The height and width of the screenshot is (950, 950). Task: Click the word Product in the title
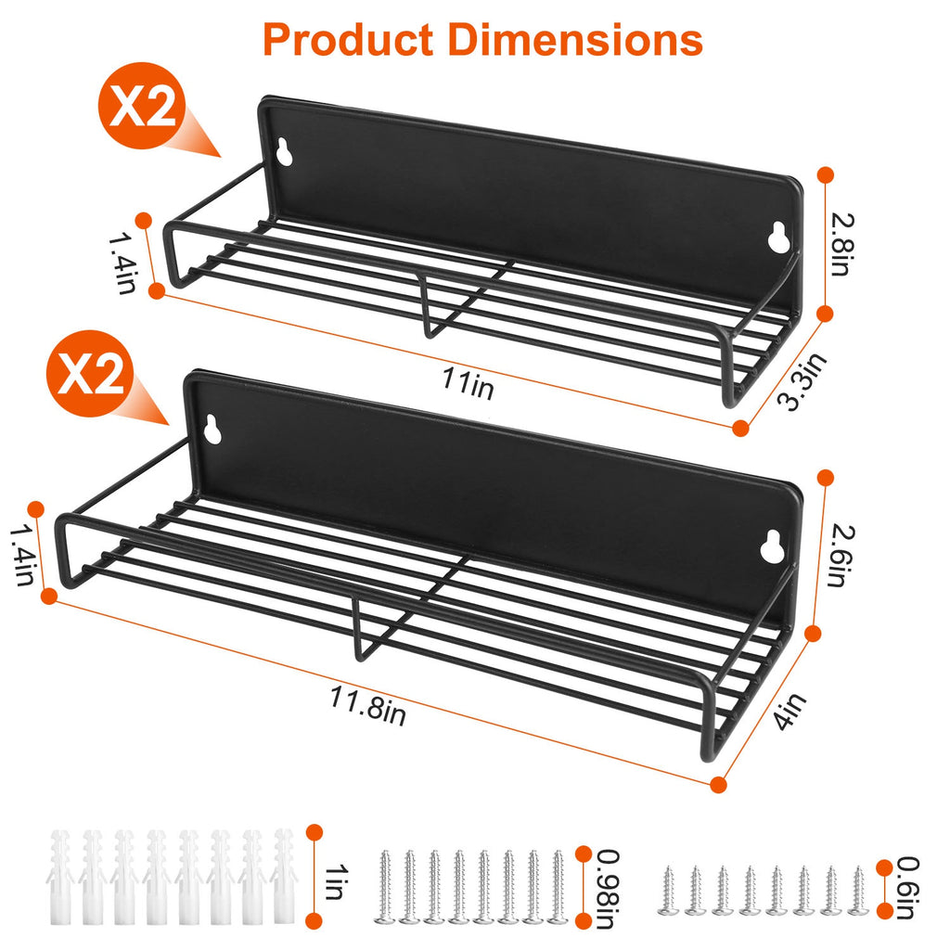pos(347,40)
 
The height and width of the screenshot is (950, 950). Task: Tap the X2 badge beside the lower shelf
pos(95,377)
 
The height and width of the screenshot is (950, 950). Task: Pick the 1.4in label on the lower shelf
pos(22,555)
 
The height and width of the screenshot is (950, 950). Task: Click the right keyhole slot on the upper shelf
pos(779,238)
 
